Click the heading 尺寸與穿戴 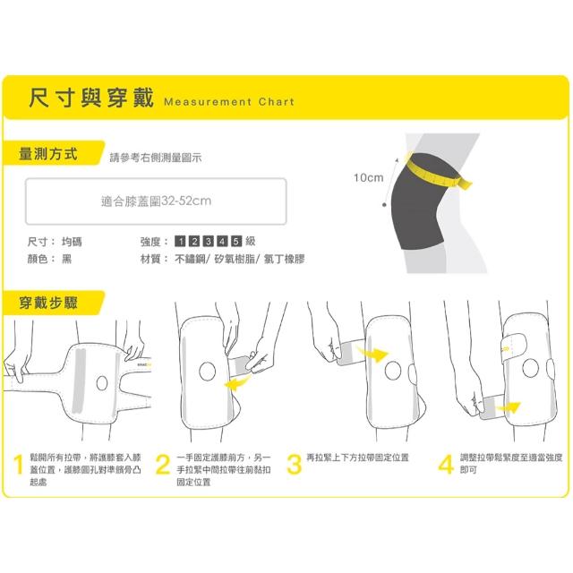pos(91,98)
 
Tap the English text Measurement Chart pos(229,101)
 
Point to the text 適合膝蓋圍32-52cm pos(156,201)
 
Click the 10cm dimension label pos(368,177)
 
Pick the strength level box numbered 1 pos(181,241)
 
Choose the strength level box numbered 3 pos(209,241)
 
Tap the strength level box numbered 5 pos(236,241)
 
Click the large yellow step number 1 pos(18,465)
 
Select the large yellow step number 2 pos(163,465)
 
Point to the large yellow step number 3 pos(295,465)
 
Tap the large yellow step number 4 pos(446,465)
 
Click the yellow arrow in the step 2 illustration pos(237,382)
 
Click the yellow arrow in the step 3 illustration pos(372,354)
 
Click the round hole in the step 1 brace pos(102,383)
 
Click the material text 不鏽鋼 pos(190,259)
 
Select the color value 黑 pos(66,259)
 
